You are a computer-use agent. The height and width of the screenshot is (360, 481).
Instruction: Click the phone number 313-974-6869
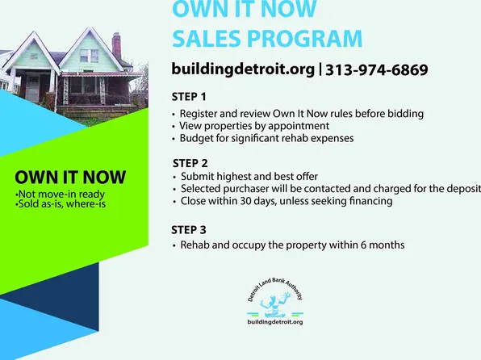pyautogui.click(x=376, y=69)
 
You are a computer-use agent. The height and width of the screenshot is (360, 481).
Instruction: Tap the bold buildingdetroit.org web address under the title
pyautogui.click(x=243, y=69)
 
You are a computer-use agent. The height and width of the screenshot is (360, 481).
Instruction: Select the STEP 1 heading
pyautogui.click(x=189, y=97)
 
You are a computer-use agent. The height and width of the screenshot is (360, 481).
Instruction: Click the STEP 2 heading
pyautogui.click(x=190, y=163)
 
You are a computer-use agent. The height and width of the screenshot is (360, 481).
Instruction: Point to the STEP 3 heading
pyautogui.click(x=189, y=230)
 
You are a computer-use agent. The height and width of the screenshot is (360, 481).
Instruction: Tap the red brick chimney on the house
pyautogui.click(x=116, y=46)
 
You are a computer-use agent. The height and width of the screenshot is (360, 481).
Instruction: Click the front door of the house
pyautogui.click(x=33, y=89)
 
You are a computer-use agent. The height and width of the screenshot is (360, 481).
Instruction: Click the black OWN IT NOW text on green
pyautogui.click(x=70, y=178)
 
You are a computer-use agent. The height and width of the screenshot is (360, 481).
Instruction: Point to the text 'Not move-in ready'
pyautogui.click(x=61, y=195)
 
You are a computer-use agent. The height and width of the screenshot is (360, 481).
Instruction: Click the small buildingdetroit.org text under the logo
pyautogui.click(x=275, y=322)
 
